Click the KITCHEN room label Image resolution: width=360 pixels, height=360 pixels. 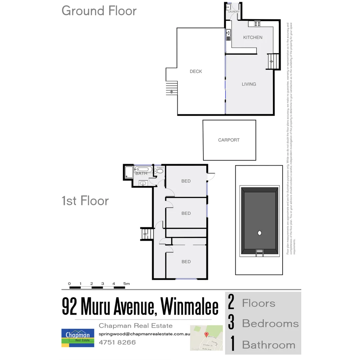(253, 37)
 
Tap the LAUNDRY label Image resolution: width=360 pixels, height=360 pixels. (234, 12)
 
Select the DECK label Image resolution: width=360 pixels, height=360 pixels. (196, 71)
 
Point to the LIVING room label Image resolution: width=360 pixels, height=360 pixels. (249, 84)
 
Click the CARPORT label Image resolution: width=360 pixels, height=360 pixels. (229, 140)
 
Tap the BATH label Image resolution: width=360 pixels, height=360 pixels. (141, 173)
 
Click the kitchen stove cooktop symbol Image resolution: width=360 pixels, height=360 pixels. (257, 23)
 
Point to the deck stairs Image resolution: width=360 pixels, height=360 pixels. (172, 88)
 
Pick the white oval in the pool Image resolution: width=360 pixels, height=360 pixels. (259, 233)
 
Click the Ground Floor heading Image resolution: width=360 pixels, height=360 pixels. (99, 11)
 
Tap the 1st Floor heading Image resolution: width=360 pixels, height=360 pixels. (85, 201)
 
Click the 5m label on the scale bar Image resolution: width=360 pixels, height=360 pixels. (126, 284)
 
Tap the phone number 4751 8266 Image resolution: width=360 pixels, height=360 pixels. (117, 342)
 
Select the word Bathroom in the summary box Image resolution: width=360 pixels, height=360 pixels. (268, 345)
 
